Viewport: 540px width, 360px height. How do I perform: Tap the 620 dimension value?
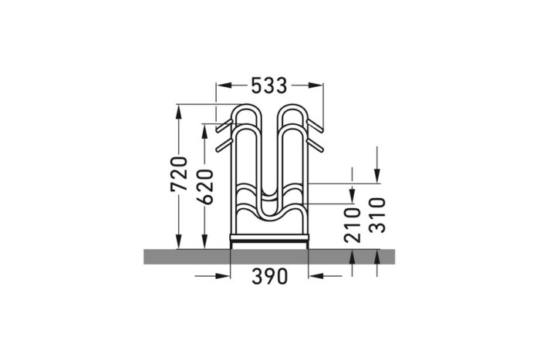205,187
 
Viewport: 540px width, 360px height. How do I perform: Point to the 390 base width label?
269,276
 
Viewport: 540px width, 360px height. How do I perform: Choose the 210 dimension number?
353,224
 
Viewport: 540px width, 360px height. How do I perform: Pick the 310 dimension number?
377,215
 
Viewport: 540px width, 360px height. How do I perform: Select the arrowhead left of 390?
224,276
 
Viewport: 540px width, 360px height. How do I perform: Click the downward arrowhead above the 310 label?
377,177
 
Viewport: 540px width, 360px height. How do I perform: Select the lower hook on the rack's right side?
316,144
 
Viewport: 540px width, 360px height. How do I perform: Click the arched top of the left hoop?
246,107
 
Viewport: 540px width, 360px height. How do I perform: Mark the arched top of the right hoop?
292,107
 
